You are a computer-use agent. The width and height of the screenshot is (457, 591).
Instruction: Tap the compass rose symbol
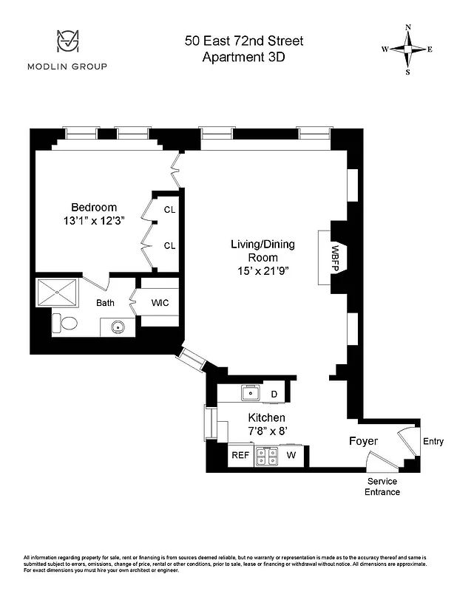407,49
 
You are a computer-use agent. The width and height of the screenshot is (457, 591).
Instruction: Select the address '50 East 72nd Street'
243,40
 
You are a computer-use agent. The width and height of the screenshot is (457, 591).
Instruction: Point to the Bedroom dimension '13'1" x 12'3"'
94,220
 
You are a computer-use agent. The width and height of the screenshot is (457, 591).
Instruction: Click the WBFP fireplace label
334,258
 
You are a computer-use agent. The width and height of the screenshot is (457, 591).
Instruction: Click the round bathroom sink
117,326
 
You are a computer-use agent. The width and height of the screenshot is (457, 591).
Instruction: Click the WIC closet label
160,302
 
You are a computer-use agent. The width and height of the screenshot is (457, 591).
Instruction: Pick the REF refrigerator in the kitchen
240,455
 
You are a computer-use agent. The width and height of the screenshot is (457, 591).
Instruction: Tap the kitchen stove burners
266,457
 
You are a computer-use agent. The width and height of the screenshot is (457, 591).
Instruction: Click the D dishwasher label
274,394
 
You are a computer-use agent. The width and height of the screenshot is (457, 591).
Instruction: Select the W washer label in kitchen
291,455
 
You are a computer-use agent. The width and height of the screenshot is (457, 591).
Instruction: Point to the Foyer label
363,441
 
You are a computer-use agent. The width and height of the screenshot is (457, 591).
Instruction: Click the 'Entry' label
433,442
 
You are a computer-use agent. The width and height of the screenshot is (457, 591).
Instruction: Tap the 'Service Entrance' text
383,486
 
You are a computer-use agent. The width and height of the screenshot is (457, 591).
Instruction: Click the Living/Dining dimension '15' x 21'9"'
258,270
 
